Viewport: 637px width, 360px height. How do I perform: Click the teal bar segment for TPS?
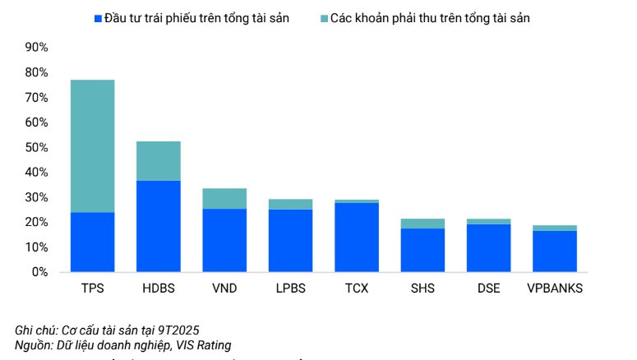pyautogui.click(x=92, y=145)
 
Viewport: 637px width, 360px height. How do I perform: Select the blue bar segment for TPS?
pyautogui.click(x=92, y=242)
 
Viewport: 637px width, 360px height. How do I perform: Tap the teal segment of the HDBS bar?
pyautogui.click(x=159, y=160)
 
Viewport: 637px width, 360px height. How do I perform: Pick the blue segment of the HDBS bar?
pyautogui.click(x=159, y=226)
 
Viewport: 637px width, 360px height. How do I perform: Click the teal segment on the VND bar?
pyautogui.click(x=224, y=198)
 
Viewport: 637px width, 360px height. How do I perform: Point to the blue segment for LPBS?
pyautogui.click(x=290, y=240)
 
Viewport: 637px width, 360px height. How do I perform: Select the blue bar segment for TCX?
pyautogui.click(x=357, y=237)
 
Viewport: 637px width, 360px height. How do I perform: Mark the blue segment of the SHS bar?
pyautogui.click(x=422, y=250)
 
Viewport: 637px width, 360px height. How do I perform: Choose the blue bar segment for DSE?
pyautogui.click(x=488, y=247)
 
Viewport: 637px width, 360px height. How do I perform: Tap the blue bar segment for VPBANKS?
pyautogui.click(x=555, y=251)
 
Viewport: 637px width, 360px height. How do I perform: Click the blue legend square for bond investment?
pyautogui.click(x=97, y=18)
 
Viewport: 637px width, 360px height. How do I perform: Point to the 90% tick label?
pyautogui.click(x=37, y=48)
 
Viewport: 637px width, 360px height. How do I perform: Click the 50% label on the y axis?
pyautogui.click(x=37, y=147)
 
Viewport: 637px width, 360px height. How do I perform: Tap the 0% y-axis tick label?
pyautogui.click(x=40, y=272)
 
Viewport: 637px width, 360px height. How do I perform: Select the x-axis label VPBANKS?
pyautogui.click(x=555, y=289)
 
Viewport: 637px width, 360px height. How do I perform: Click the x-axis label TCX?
pyautogui.click(x=357, y=289)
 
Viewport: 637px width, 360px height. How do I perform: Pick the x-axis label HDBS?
pyautogui.click(x=159, y=289)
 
